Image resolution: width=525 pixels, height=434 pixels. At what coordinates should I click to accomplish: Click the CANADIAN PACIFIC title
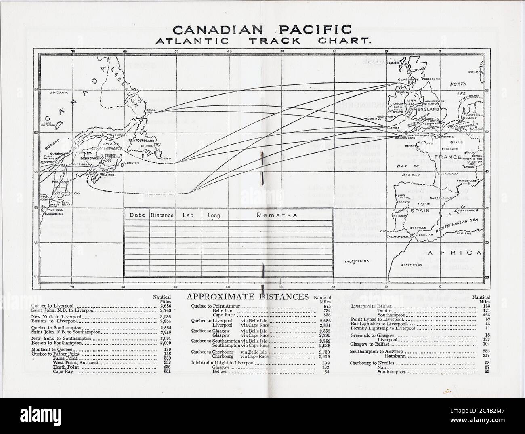click(x=262, y=29)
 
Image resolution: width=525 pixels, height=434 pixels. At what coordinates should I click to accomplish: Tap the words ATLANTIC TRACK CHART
click(x=262, y=41)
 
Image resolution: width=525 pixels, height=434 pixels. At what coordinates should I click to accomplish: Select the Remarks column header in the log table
click(x=277, y=215)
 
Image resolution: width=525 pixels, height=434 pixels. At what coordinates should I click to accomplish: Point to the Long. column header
click(x=214, y=215)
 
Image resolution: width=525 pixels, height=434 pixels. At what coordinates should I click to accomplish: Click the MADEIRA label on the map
click(x=361, y=261)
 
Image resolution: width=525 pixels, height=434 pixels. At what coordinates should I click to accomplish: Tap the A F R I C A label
click(x=455, y=253)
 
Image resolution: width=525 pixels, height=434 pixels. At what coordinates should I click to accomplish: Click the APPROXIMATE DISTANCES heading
click(x=248, y=297)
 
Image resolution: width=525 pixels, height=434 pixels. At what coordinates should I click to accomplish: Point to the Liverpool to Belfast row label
click(x=368, y=307)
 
